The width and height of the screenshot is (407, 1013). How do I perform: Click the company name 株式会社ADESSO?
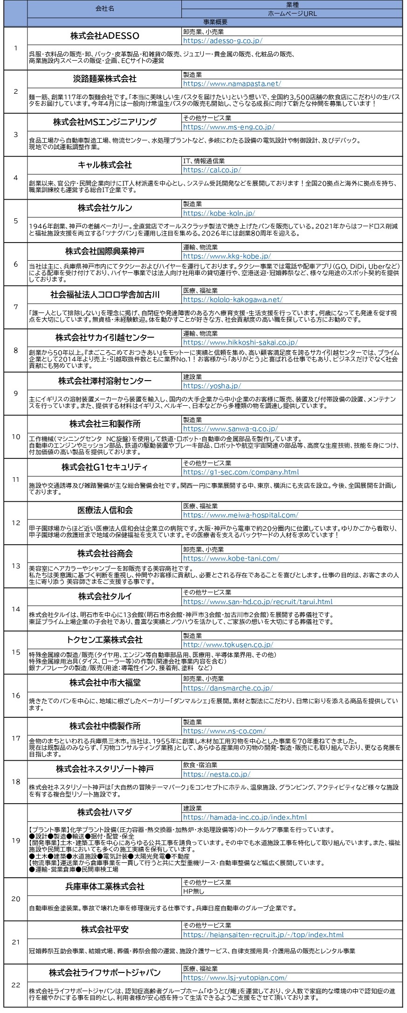[x=104, y=36]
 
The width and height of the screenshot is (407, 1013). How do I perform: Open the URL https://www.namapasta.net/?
[x=232, y=83]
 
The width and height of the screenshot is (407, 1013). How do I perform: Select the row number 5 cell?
[x=16, y=221]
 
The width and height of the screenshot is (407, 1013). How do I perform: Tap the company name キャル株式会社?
[x=104, y=165]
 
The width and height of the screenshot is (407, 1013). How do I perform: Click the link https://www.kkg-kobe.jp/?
[x=227, y=256]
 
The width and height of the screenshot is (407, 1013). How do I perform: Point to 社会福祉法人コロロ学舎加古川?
[x=104, y=295]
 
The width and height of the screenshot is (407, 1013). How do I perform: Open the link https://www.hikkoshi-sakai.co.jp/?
[x=240, y=342]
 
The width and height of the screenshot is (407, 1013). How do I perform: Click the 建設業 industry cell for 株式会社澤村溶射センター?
[x=193, y=377]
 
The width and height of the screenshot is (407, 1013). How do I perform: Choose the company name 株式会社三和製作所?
[x=104, y=424]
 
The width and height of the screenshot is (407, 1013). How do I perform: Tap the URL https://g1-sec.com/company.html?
[x=241, y=472]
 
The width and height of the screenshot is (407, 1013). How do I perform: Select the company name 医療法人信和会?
[x=104, y=510]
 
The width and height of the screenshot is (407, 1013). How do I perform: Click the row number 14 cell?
[x=16, y=609]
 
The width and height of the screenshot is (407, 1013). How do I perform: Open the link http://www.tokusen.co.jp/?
[x=228, y=645]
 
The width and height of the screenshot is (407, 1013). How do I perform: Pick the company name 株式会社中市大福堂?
[x=104, y=683]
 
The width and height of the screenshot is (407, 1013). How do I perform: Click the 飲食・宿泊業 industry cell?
[x=200, y=765]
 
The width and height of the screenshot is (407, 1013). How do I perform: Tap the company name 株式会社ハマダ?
[x=104, y=812]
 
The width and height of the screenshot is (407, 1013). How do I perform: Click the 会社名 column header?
[x=104, y=8]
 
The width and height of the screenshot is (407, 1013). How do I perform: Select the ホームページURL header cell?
[x=292, y=14]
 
